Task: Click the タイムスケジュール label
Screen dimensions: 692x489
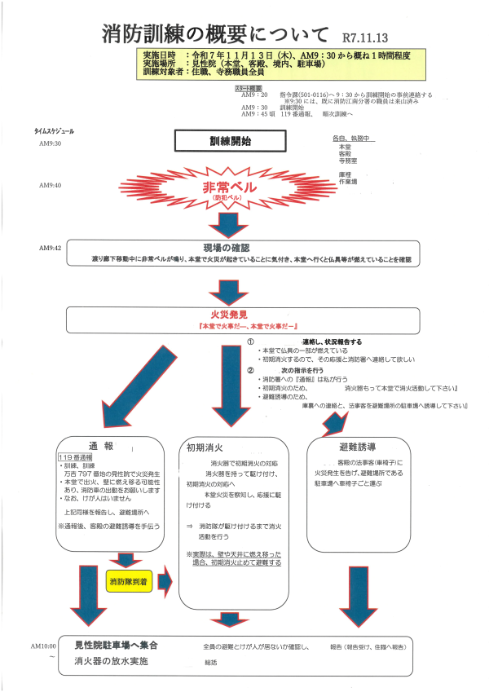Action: [x=55, y=130]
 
